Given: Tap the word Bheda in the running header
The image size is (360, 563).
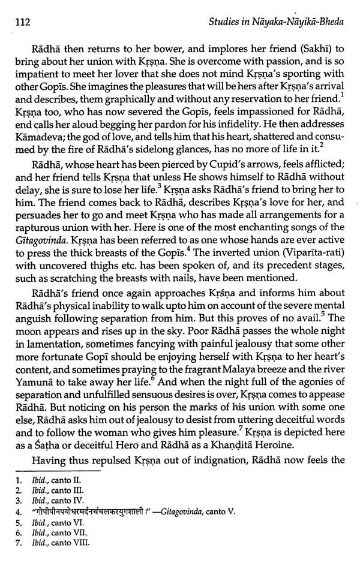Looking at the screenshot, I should coord(329,23).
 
